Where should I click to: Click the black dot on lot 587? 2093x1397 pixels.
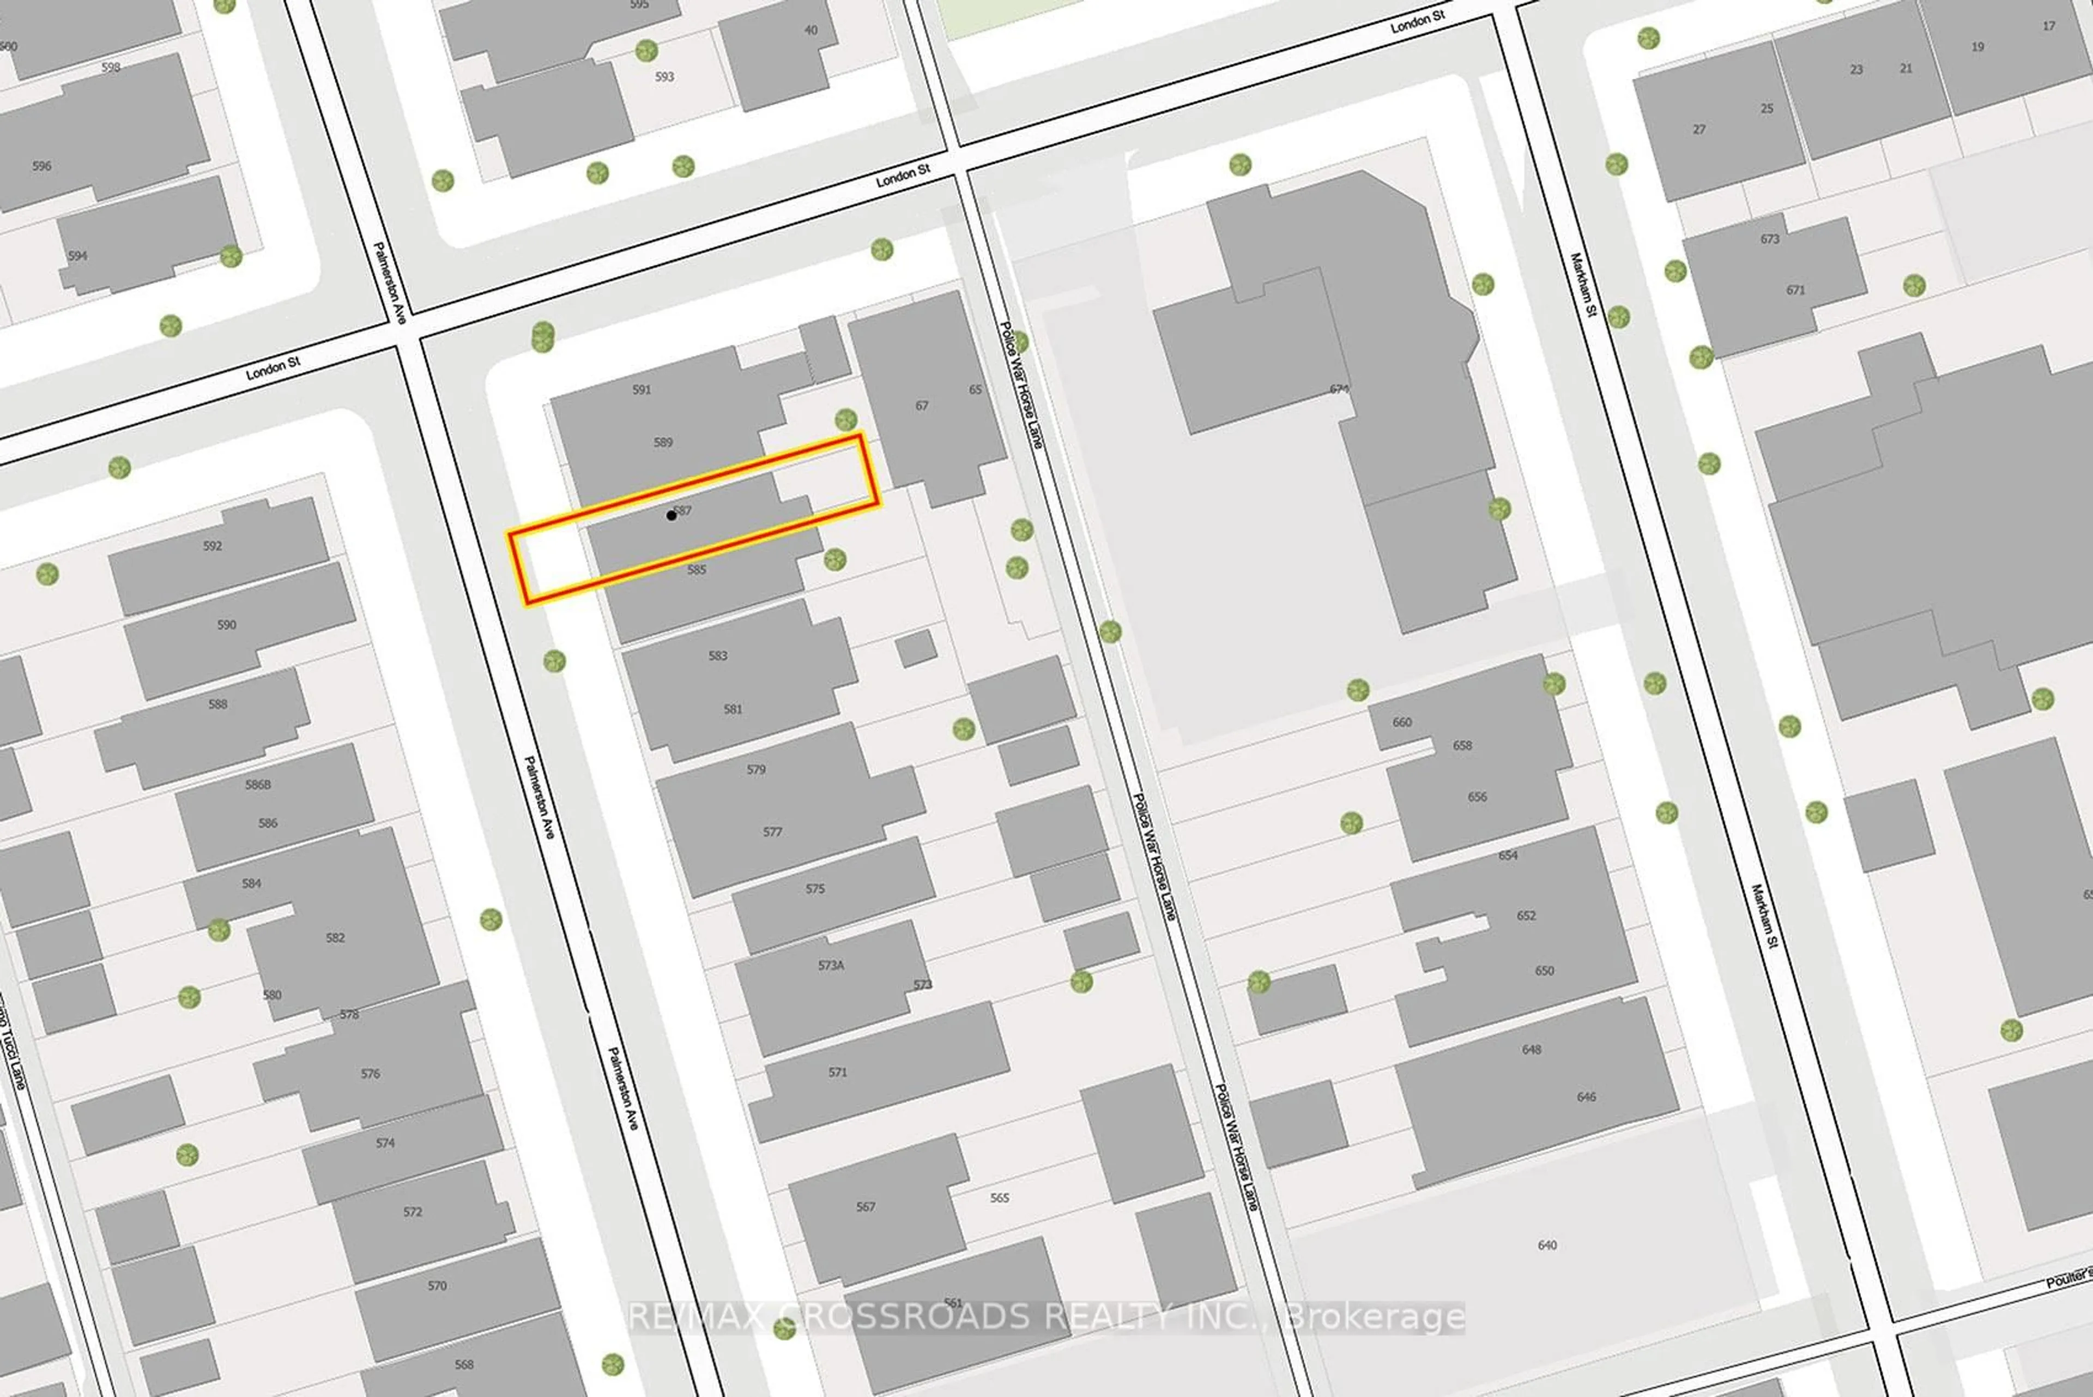tap(670, 515)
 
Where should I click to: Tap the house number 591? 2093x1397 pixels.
tap(642, 389)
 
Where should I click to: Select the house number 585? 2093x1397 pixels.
tap(697, 569)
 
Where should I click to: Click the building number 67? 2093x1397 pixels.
tap(922, 405)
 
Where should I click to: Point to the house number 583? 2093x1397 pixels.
tap(718, 656)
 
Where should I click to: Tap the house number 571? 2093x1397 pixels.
tap(837, 1072)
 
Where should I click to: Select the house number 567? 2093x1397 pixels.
tap(866, 1206)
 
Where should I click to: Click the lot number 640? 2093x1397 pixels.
tap(1547, 1245)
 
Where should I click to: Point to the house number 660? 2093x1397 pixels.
tap(1402, 721)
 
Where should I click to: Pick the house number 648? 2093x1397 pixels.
tap(1531, 1049)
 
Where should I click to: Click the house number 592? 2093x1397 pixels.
tap(212, 545)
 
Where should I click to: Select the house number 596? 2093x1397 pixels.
tap(42, 166)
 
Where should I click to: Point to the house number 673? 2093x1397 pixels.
tap(1770, 239)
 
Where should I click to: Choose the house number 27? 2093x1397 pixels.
tap(1699, 129)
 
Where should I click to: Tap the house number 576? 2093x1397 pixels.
tap(371, 1074)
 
